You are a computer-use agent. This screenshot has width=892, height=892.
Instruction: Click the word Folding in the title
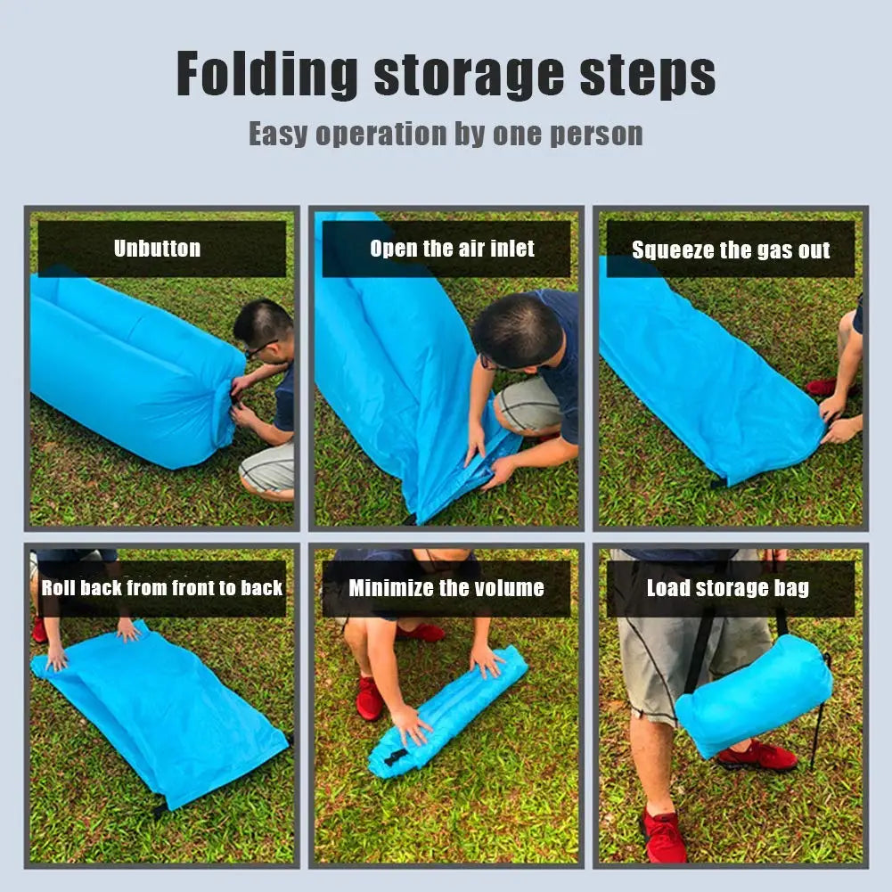pyautogui.click(x=266, y=74)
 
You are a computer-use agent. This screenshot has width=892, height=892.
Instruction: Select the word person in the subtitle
pyautogui.click(x=596, y=135)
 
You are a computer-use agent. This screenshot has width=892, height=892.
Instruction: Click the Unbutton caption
pyautogui.click(x=157, y=249)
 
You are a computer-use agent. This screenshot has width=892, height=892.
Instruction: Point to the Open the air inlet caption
pyautogui.click(x=453, y=249)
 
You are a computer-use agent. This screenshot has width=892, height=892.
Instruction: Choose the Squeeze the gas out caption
pyautogui.click(x=731, y=250)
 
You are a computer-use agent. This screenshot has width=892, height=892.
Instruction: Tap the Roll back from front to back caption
pyautogui.click(x=162, y=587)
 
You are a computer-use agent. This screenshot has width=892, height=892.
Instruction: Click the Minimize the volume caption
pyautogui.click(x=446, y=587)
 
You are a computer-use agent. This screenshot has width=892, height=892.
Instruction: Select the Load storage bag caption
pyautogui.click(x=728, y=587)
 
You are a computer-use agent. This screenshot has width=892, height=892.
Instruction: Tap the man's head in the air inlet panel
pyautogui.click(x=518, y=331)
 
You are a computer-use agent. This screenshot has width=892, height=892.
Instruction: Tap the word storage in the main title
pyautogui.click(x=469, y=77)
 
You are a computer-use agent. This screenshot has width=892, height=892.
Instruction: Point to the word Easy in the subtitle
pyautogui.click(x=278, y=135)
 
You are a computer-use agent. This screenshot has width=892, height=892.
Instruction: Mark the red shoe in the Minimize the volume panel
pyautogui.click(x=369, y=698)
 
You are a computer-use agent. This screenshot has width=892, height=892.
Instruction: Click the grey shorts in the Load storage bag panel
pyautogui.click(x=692, y=642)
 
